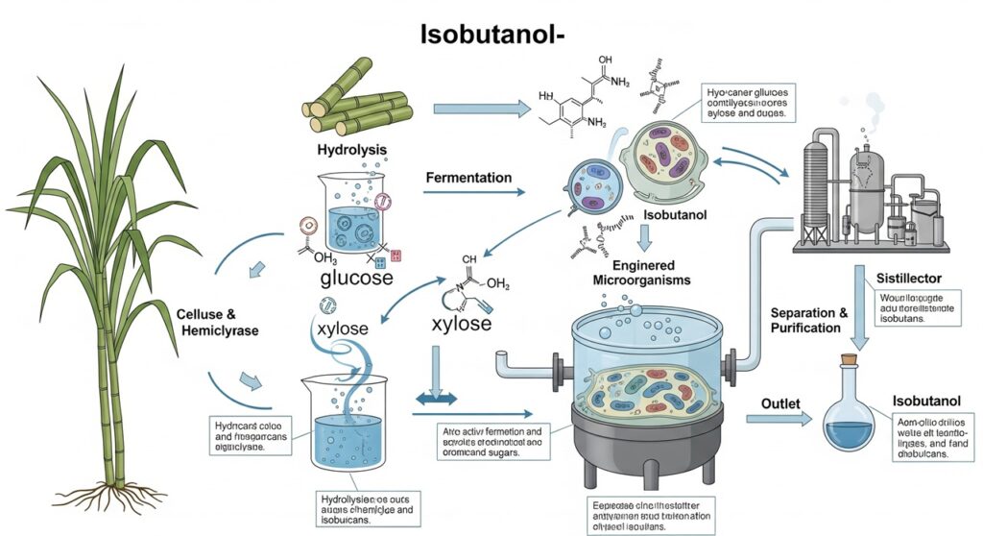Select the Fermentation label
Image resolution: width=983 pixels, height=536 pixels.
[468, 178]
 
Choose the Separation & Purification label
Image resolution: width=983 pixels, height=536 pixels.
[810, 321]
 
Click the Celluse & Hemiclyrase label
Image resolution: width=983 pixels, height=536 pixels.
[220, 323]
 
